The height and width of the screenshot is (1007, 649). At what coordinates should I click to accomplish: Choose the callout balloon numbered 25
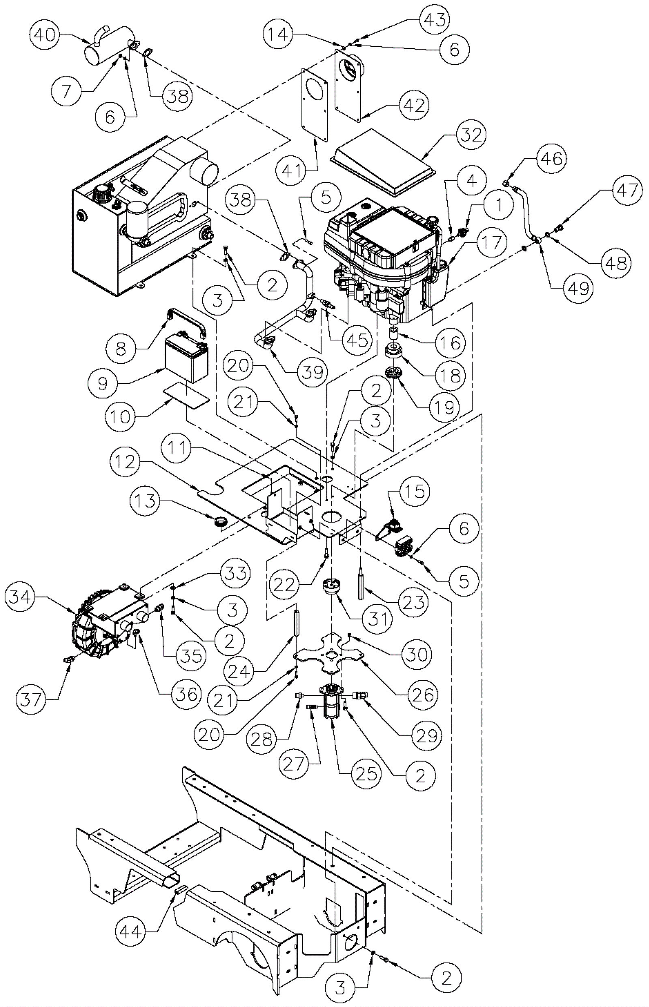[x=366, y=773]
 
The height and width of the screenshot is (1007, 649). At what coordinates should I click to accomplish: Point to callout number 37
[x=32, y=700]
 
